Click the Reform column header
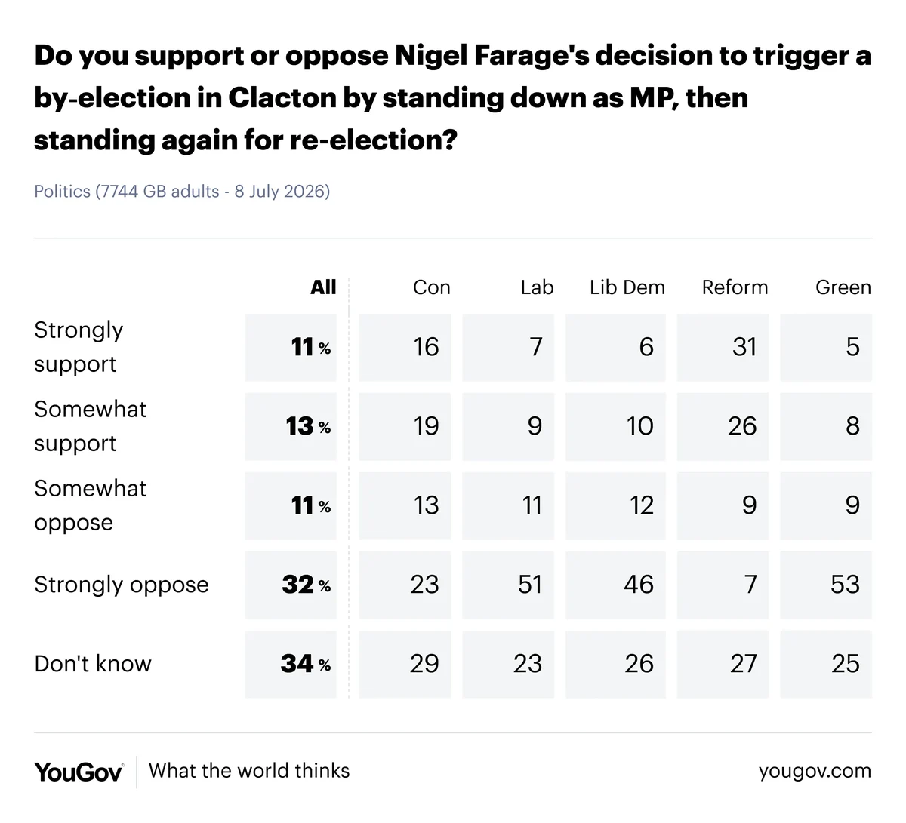[735, 287]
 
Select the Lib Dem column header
[627, 287]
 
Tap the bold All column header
[323, 287]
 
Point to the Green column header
[843, 287]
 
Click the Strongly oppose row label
[122, 585]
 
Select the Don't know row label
[93, 664]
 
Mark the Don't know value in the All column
[306, 664]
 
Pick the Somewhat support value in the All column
[308, 426]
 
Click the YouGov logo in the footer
[79, 772]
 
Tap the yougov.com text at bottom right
[815, 771]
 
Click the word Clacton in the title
[282, 97]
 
